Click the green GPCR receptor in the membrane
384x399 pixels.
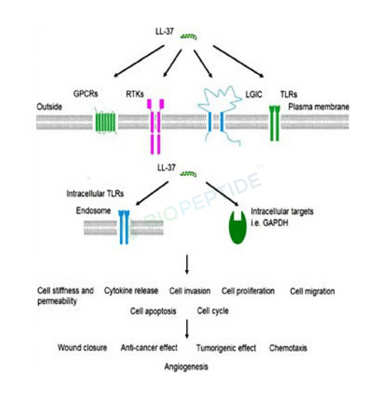click(x=106, y=123)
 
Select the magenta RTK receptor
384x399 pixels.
click(x=155, y=127)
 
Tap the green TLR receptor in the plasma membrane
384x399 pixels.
click(x=275, y=123)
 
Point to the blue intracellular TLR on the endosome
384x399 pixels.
click(x=124, y=227)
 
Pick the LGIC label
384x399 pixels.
click(x=254, y=94)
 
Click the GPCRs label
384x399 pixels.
click(x=86, y=94)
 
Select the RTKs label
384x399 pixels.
click(x=135, y=94)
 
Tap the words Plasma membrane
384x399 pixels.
click(x=318, y=107)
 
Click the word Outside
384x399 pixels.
click(x=49, y=106)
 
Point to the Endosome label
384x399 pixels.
click(x=93, y=211)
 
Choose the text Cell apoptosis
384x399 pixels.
click(x=153, y=311)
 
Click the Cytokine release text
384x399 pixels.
click(x=131, y=291)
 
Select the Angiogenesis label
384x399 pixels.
click(x=186, y=367)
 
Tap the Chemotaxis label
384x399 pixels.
click(x=288, y=348)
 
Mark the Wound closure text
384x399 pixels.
click(x=83, y=348)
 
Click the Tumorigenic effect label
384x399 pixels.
click(x=226, y=348)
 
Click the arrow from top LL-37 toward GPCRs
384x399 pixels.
click(x=139, y=61)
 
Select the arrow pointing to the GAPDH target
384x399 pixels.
click(x=222, y=194)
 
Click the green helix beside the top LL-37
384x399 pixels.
click(x=189, y=37)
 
